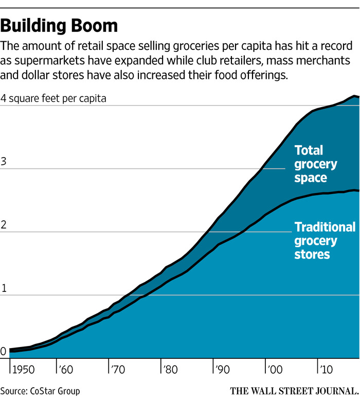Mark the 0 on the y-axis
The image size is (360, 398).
(4, 352)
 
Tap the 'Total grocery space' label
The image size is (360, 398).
(315, 164)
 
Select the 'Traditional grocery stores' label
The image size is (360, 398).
(324, 240)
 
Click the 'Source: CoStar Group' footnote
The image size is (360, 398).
(40, 391)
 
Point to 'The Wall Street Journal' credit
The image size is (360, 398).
(294, 391)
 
